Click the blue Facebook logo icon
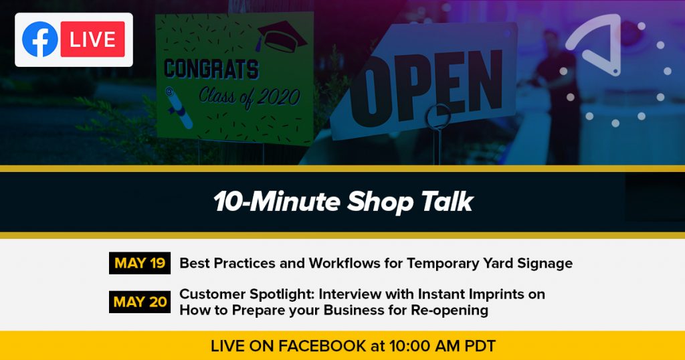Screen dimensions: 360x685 tap(40, 39)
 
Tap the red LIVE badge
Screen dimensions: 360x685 tap(92, 39)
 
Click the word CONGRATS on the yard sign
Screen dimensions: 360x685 tap(211, 69)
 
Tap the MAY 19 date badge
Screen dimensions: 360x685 tap(140, 263)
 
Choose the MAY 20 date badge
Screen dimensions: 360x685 tap(140, 302)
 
